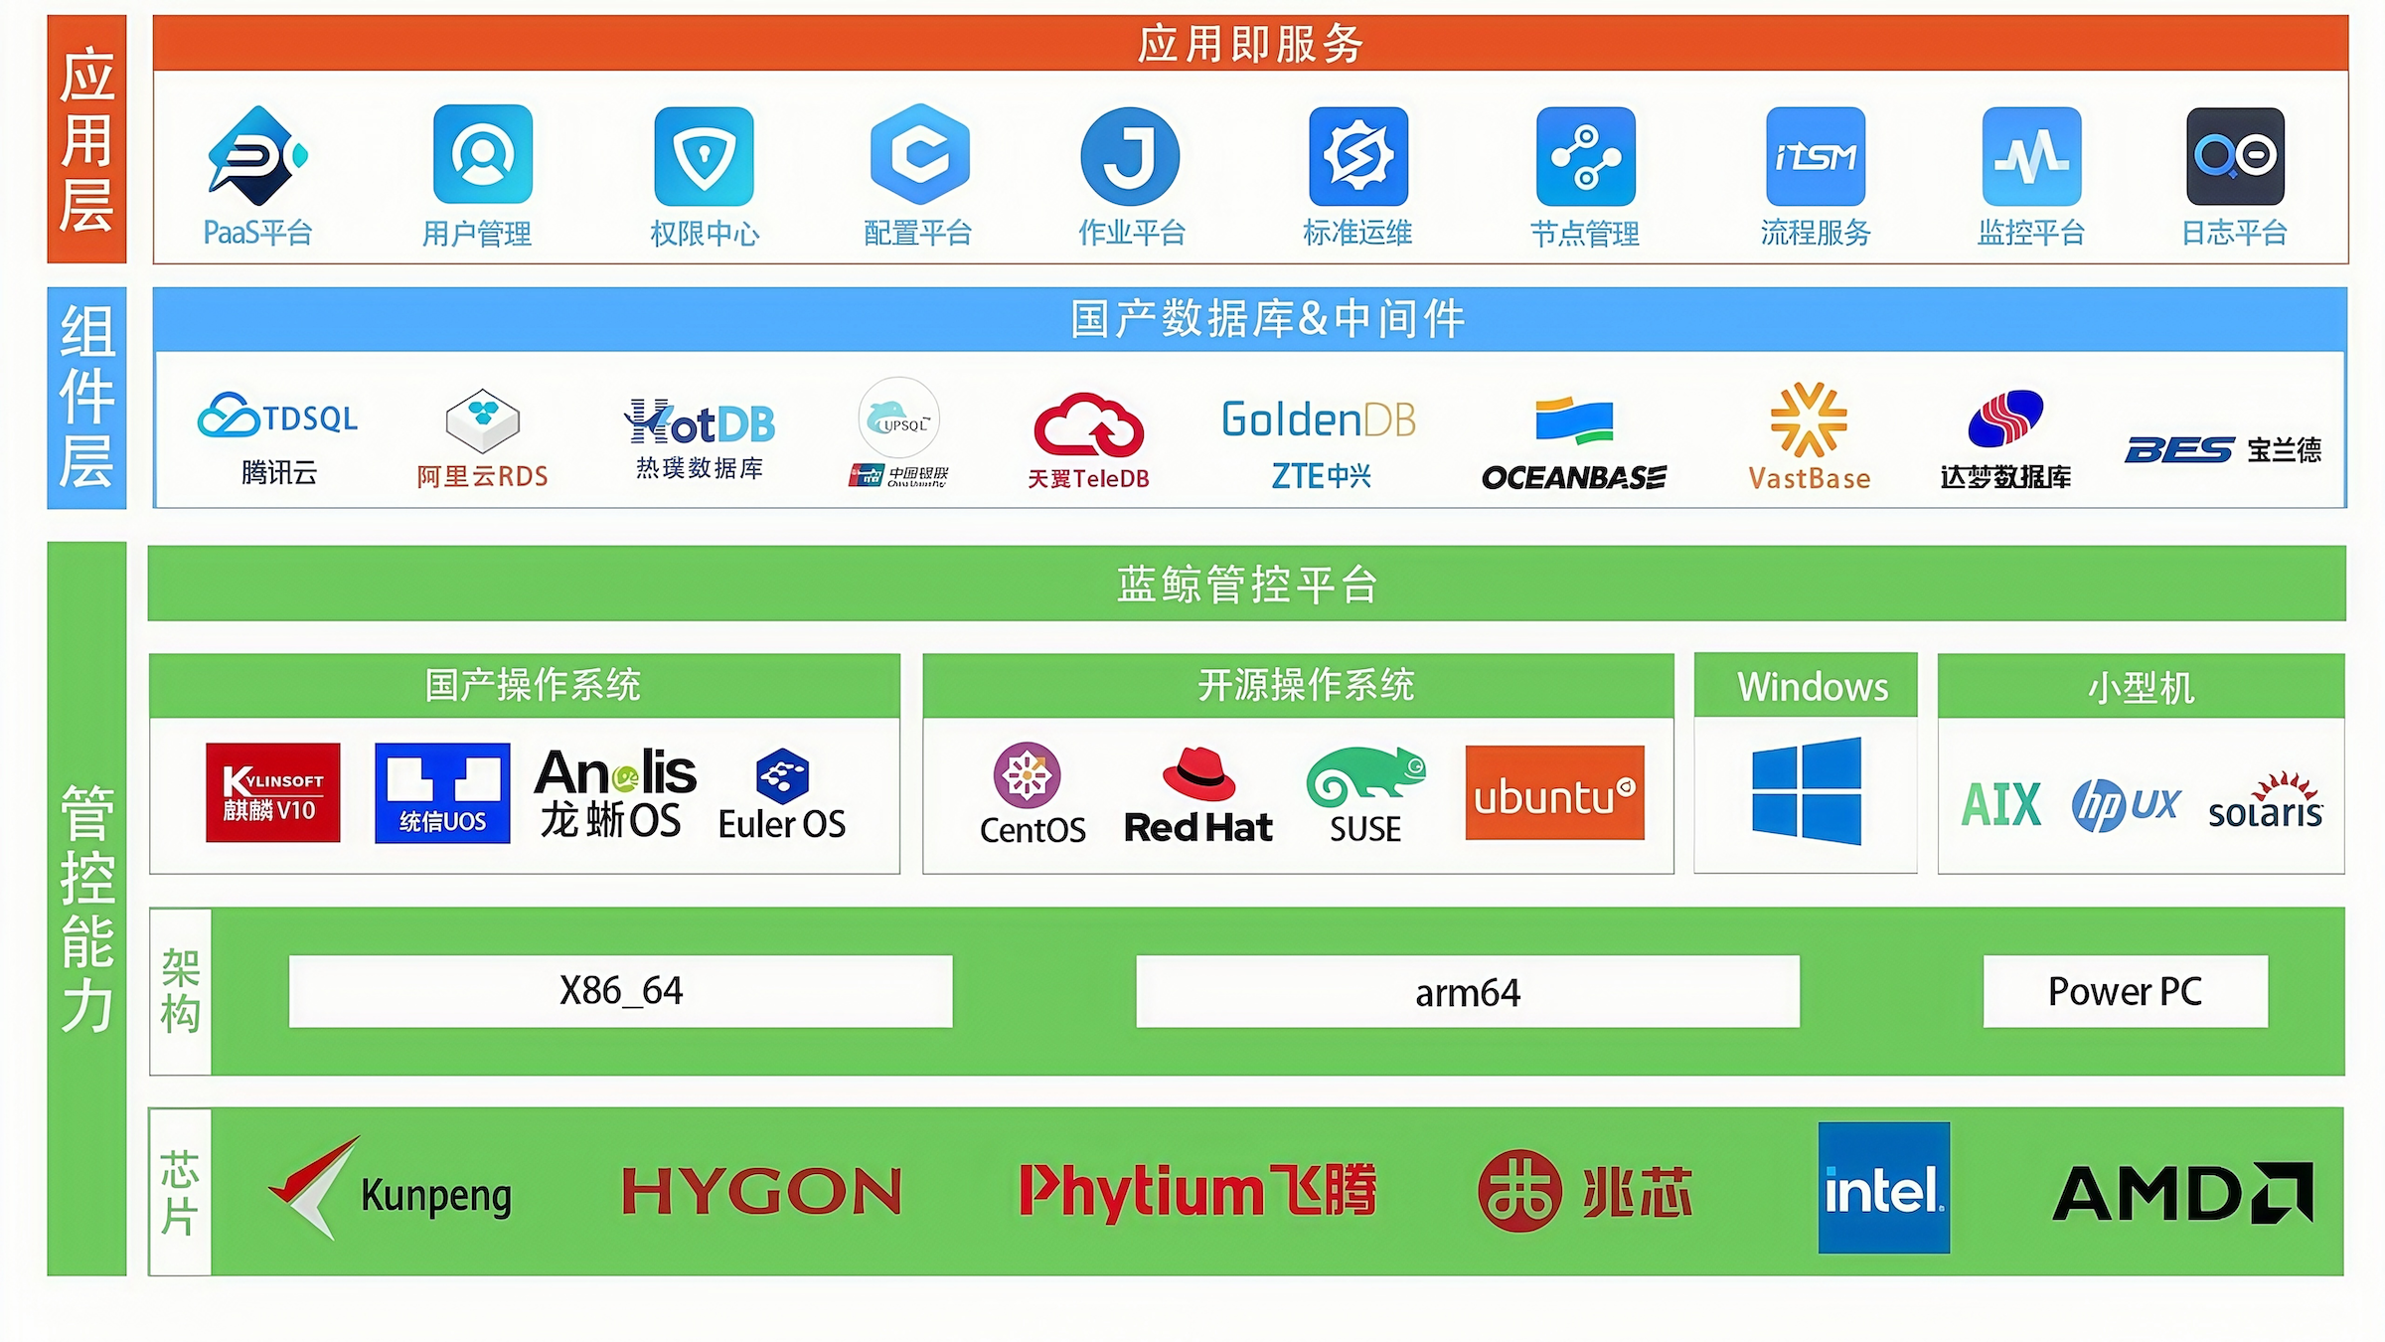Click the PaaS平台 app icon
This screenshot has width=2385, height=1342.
257,156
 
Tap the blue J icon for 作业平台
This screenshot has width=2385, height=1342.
1130,156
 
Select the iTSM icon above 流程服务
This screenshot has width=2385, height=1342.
1815,156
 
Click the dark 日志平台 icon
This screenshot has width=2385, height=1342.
2235,156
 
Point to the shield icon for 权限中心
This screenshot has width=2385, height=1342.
704,156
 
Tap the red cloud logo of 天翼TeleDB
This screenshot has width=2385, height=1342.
1088,424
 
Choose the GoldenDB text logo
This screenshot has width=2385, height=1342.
1319,419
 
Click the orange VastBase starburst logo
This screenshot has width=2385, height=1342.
1809,419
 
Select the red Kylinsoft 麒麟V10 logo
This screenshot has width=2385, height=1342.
273,792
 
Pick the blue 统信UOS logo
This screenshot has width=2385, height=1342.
442,792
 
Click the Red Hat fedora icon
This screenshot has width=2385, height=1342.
1198,775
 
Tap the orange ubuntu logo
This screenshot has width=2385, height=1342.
1554,793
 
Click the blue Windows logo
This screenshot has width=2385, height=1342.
1806,791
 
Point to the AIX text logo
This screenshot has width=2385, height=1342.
2001,804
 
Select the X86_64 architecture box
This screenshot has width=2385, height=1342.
620,991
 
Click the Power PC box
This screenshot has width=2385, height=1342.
2125,991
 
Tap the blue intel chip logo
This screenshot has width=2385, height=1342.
1883,1188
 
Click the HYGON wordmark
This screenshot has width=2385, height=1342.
761,1191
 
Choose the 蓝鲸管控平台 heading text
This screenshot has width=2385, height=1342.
1246,584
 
